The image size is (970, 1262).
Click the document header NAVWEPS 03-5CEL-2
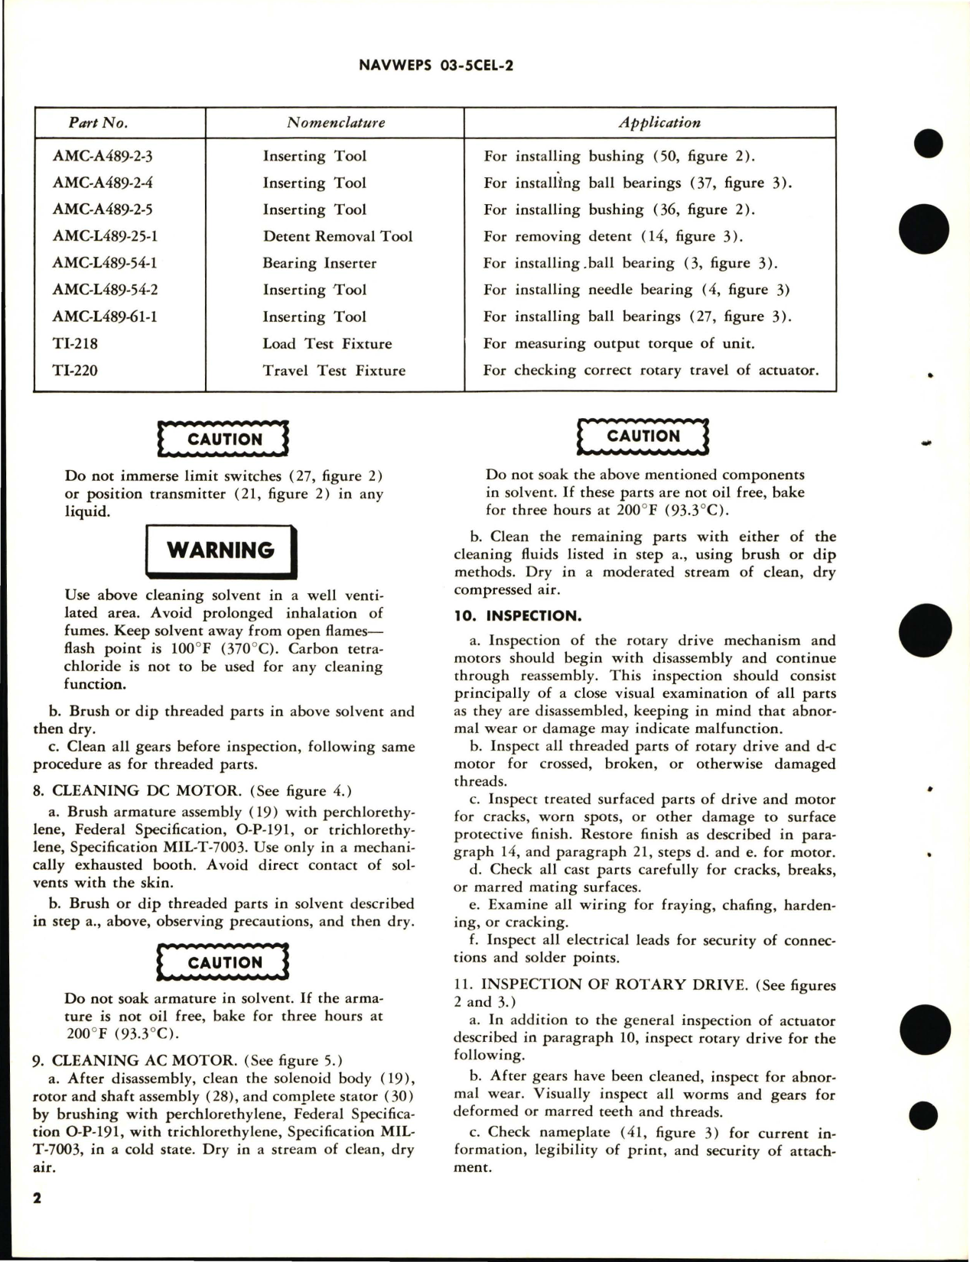point(435,66)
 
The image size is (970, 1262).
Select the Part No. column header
point(98,122)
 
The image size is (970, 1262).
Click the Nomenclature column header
point(335,122)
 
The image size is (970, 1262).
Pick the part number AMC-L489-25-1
point(106,236)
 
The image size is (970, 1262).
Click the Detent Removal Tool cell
point(337,236)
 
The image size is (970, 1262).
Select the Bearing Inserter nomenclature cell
point(319,263)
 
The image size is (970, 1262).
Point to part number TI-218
point(75,343)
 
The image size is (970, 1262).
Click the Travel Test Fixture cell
point(334,371)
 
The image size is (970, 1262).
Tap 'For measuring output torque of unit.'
point(619,343)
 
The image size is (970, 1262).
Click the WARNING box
point(220,550)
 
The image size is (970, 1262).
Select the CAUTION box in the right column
point(643,436)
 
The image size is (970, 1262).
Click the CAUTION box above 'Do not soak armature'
point(224,962)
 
